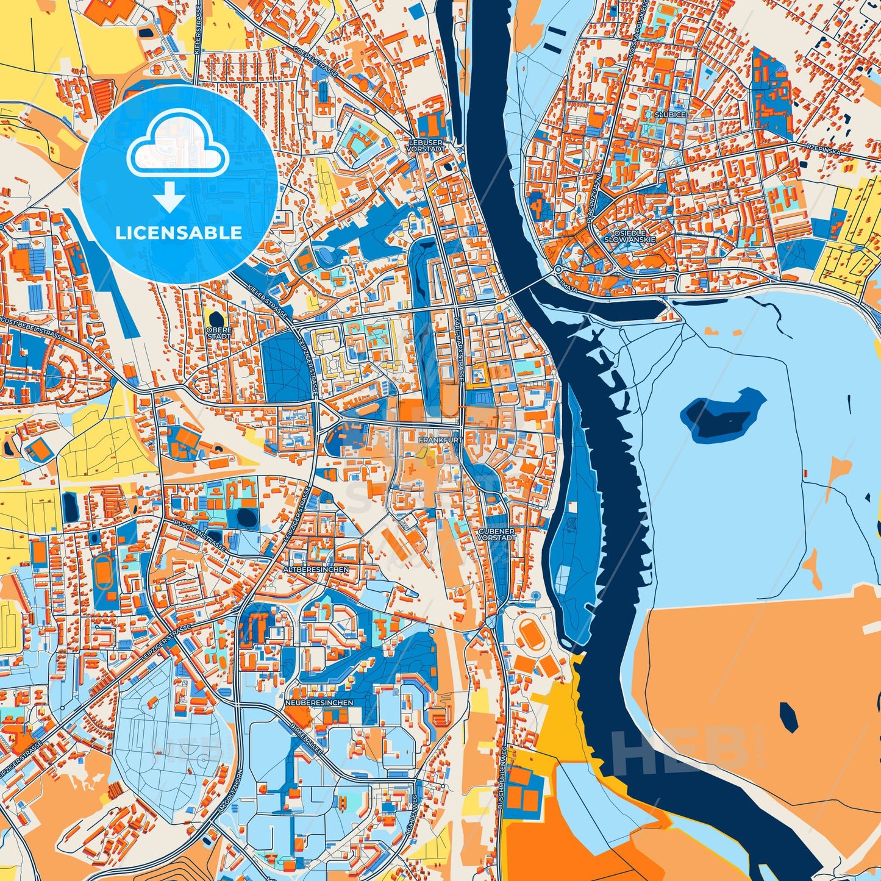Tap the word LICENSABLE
[x=179, y=232]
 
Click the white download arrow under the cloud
[x=169, y=198]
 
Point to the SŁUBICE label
[x=669, y=115]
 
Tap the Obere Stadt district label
[x=219, y=332]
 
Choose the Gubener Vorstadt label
[x=497, y=534]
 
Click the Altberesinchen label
[x=316, y=569]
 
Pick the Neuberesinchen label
[x=319, y=702]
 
